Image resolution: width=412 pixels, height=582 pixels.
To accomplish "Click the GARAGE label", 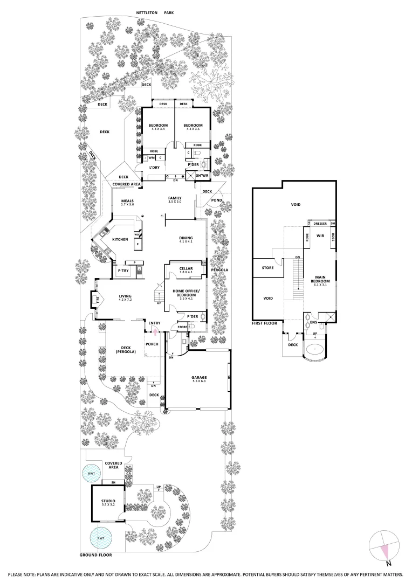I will [x=199, y=377].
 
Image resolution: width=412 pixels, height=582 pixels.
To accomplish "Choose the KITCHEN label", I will [x=120, y=239].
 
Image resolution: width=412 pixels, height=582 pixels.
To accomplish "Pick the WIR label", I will [x=319, y=235].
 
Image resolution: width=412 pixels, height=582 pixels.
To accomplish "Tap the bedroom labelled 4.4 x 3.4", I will [x=158, y=127].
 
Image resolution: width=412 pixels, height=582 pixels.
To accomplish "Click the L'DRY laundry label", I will [x=153, y=168].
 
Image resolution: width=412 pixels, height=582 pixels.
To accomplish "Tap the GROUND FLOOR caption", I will [x=96, y=555].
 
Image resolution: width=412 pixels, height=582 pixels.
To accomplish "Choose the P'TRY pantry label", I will [x=122, y=271].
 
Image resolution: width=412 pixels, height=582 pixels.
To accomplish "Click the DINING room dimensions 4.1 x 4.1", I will [x=186, y=241].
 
